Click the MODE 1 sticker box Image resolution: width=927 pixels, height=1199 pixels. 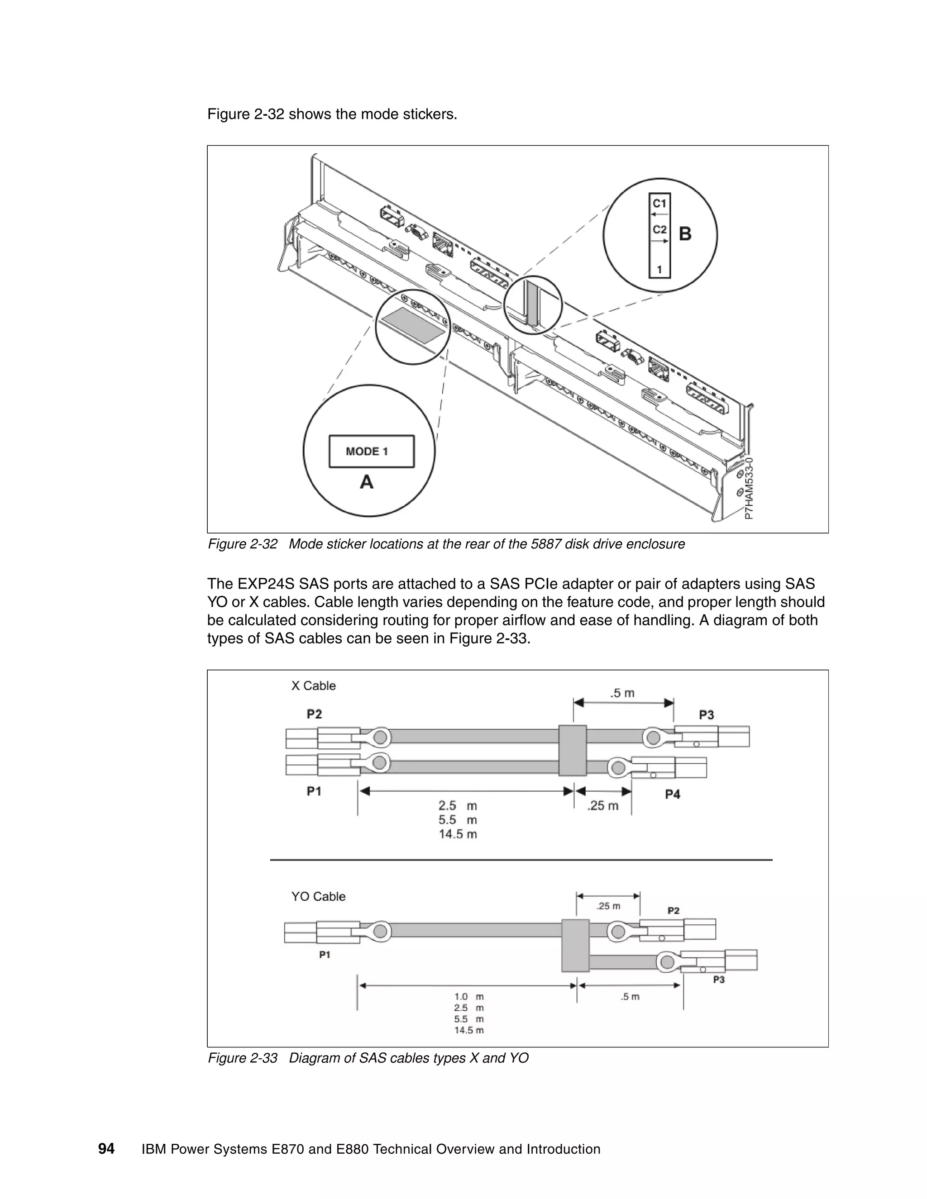coord(371,451)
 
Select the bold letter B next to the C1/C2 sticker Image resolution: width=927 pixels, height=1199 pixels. coord(685,234)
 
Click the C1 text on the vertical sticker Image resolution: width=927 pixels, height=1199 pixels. coord(659,204)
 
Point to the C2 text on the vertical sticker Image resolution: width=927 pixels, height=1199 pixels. coord(659,229)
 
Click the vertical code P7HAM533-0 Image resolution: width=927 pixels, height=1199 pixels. coord(750,488)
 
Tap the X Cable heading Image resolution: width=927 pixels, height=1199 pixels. coord(313,685)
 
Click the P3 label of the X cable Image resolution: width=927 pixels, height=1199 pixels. coord(706,715)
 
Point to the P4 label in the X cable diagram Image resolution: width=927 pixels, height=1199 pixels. coord(672,795)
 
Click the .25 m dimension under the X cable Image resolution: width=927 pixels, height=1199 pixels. coord(602,806)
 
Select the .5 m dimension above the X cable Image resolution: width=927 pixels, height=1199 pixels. coord(622,693)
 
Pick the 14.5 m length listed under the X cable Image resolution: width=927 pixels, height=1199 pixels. coord(458,834)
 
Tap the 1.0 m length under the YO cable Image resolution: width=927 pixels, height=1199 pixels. coord(468,996)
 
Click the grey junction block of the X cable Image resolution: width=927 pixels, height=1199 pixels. coord(572,751)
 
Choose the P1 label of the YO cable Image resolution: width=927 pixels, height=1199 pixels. coord(325,955)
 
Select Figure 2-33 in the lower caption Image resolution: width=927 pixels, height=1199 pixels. coord(242,1058)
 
